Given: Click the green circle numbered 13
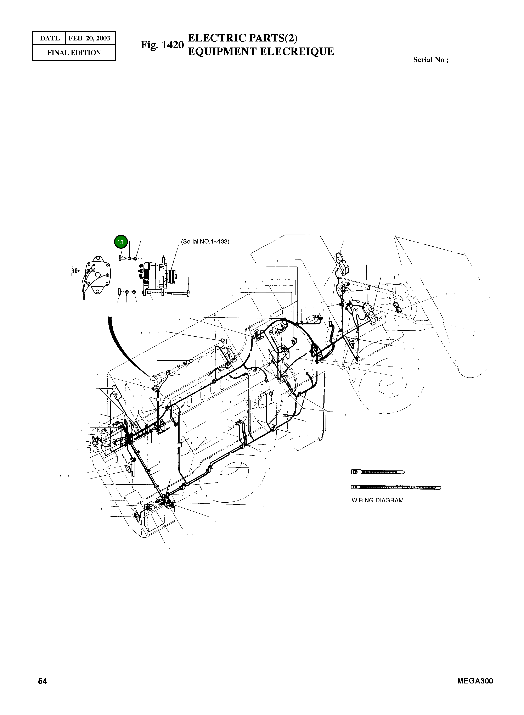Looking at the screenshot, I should pyautogui.click(x=120, y=242).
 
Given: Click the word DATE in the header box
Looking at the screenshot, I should pyautogui.click(x=50, y=38).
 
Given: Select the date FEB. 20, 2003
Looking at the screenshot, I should pyautogui.click(x=89, y=38).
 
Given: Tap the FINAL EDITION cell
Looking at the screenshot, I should pyautogui.click(x=74, y=53).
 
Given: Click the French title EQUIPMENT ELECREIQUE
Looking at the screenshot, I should pyautogui.click(x=261, y=51).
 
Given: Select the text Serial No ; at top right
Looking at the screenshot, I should pyautogui.click(x=430, y=60).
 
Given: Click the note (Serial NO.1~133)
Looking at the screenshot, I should pyautogui.click(x=205, y=241).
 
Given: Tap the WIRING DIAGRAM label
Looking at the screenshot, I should pyautogui.click(x=377, y=500).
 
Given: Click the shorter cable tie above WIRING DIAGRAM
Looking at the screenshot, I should pyautogui.click(x=377, y=472).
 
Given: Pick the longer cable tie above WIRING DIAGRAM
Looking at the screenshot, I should pyautogui.click(x=396, y=488).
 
